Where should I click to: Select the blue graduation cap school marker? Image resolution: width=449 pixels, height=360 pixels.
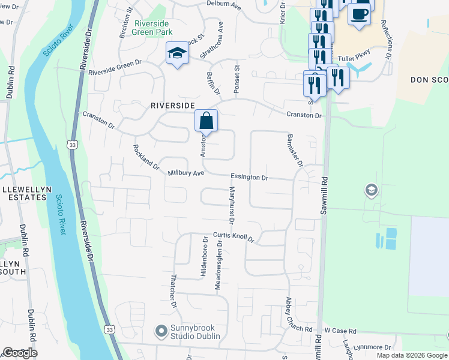pos(177,55)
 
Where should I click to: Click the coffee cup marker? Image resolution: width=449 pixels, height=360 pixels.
pos(360,14)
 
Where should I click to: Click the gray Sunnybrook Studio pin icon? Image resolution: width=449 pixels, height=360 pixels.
pos(160,331)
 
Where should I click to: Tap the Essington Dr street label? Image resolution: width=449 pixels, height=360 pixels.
pos(249,178)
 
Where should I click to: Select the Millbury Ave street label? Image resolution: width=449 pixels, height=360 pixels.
pos(186,173)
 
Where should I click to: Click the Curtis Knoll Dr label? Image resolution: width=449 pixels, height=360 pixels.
pos(234,237)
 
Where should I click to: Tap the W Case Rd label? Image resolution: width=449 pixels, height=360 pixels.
pos(340,331)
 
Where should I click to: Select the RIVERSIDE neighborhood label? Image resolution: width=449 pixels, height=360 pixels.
pos(172,105)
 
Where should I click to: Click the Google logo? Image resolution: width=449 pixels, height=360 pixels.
pos(20,352)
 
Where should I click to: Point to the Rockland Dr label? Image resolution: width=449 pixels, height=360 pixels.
pos(146,157)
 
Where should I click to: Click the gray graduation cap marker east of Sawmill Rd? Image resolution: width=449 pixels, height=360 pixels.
pos(371,191)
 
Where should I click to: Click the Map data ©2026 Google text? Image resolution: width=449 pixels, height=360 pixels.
pos(411,355)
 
